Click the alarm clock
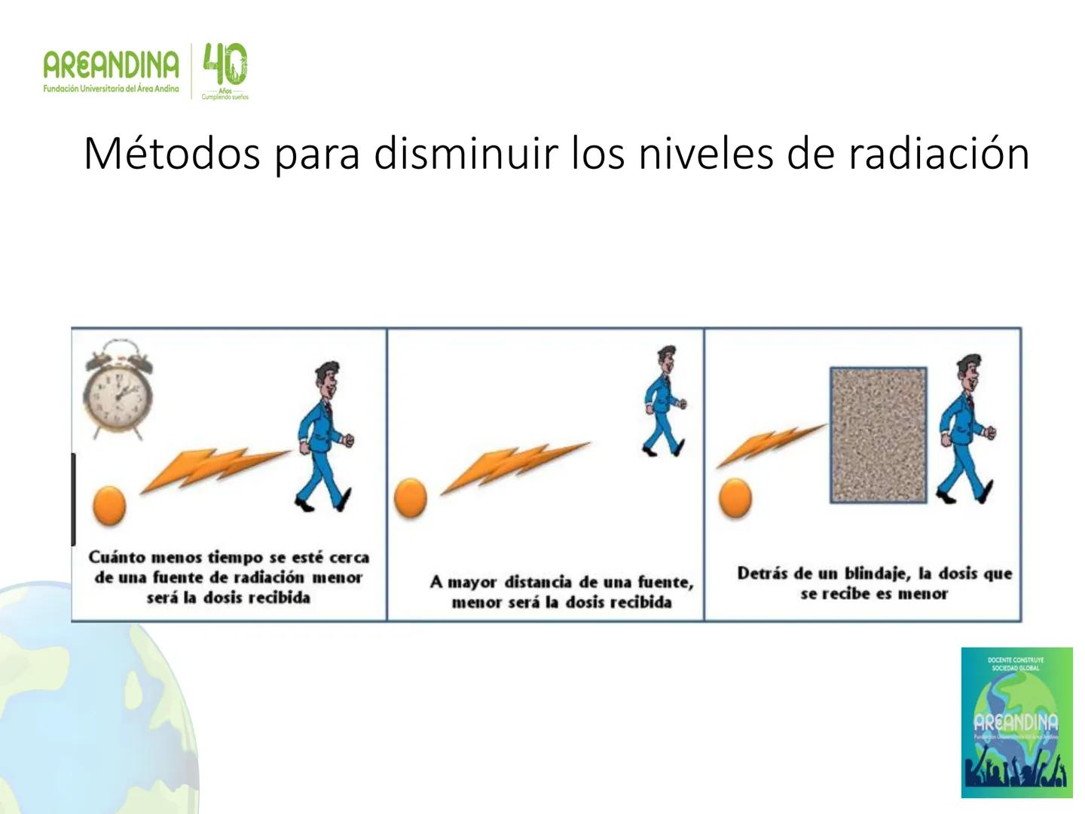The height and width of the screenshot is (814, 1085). click(117, 390)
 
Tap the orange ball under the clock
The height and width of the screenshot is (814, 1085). click(108, 504)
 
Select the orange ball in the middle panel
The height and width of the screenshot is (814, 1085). click(411, 498)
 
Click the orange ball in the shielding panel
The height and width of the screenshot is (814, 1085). click(735, 498)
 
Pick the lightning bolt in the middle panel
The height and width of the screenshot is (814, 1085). click(515, 467)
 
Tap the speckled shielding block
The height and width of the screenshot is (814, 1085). click(879, 435)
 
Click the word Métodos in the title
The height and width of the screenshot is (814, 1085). click(172, 154)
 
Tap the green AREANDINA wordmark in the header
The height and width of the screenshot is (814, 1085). click(112, 66)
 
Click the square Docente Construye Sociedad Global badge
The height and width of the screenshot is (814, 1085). click(1016, 722)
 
